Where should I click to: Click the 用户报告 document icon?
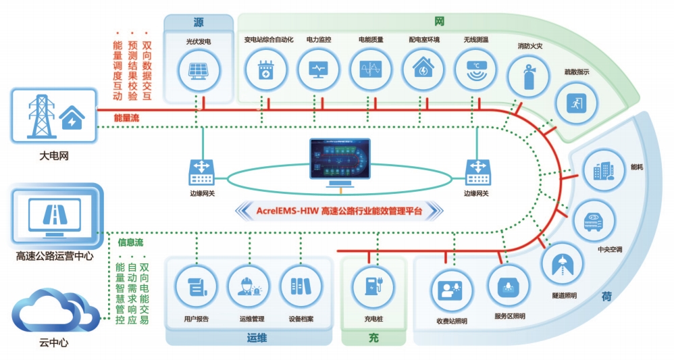(x=196, y=287)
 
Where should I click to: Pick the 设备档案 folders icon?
(x=300, y=287)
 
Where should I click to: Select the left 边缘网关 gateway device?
(x=201, y=173)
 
